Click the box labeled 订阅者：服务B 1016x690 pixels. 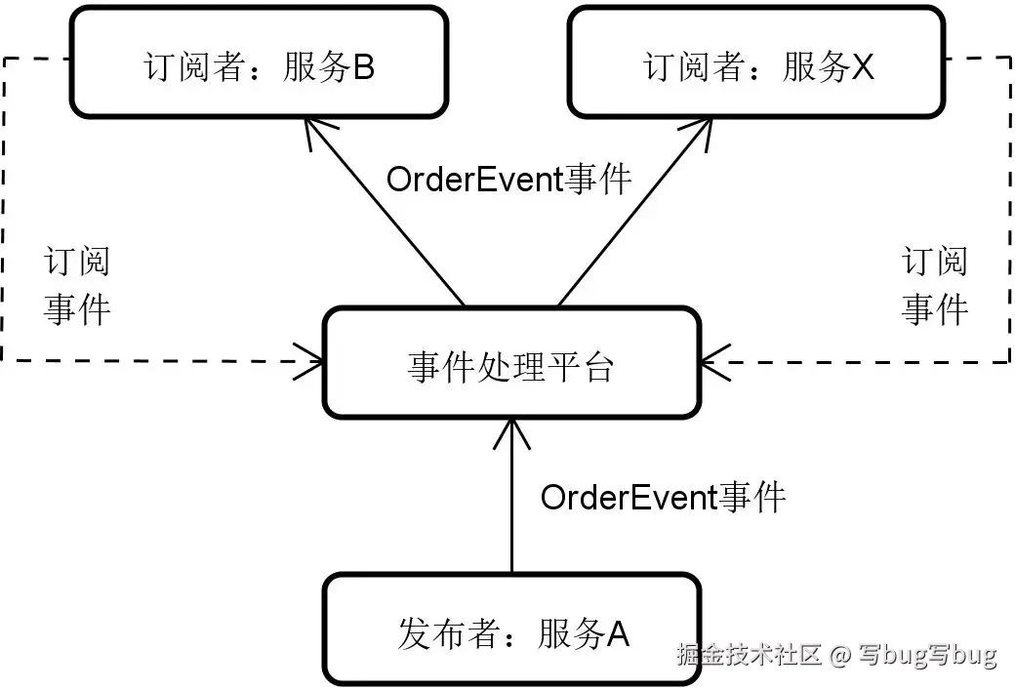pyautogui.click(x=259, y=62)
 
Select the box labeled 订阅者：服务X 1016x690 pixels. pyautogui.click(x=756, y=62)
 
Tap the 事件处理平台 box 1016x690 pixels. pyautogui.click(x=510, y=362)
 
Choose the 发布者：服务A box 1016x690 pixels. pyautogui.click(x=511, y=629)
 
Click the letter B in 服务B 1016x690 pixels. pyautogui.click(x=363, y=68)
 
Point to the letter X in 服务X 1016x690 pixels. pyautogui.click(x=862, y=68)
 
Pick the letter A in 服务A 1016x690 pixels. pyautogui.click(x=618, y=635)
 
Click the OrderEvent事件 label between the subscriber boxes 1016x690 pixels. pyautogui.click(x=508, y=180)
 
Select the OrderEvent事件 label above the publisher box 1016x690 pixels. pyautogui.click(x=663, y=498)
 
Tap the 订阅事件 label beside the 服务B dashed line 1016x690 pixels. pyautogui.click(x=77, y=286)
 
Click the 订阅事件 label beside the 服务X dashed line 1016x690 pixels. pyautogui.click(x=934, y=286)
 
